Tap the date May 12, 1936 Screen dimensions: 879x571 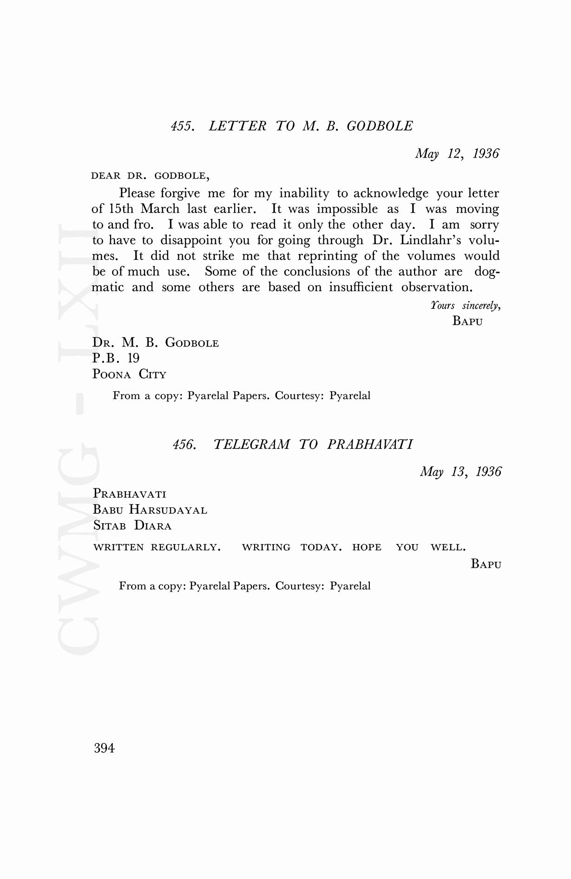click(x=457, y=153)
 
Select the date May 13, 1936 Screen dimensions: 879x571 click(x=460, y=472)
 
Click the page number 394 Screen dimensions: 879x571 click(x=104, y=748)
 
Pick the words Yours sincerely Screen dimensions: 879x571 click(x=465, y=306)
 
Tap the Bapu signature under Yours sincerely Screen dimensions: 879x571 click(x=467, y=321)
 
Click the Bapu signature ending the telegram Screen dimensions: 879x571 click(x=486, y=564)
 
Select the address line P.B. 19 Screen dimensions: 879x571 click(x=116, y=358)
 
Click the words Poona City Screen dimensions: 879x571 click(x=129, y=374)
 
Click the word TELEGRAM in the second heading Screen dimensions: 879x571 click(x=251, y=445)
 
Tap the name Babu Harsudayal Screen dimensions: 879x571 click(x=150, y=510)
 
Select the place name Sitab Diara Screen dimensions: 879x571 click(x=132, y=526)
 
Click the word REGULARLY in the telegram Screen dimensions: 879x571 click(x=185, y=547)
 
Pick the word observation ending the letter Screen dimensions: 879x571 click(x=437, y=287)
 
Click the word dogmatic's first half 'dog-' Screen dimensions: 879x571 click(x=487, y=272)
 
